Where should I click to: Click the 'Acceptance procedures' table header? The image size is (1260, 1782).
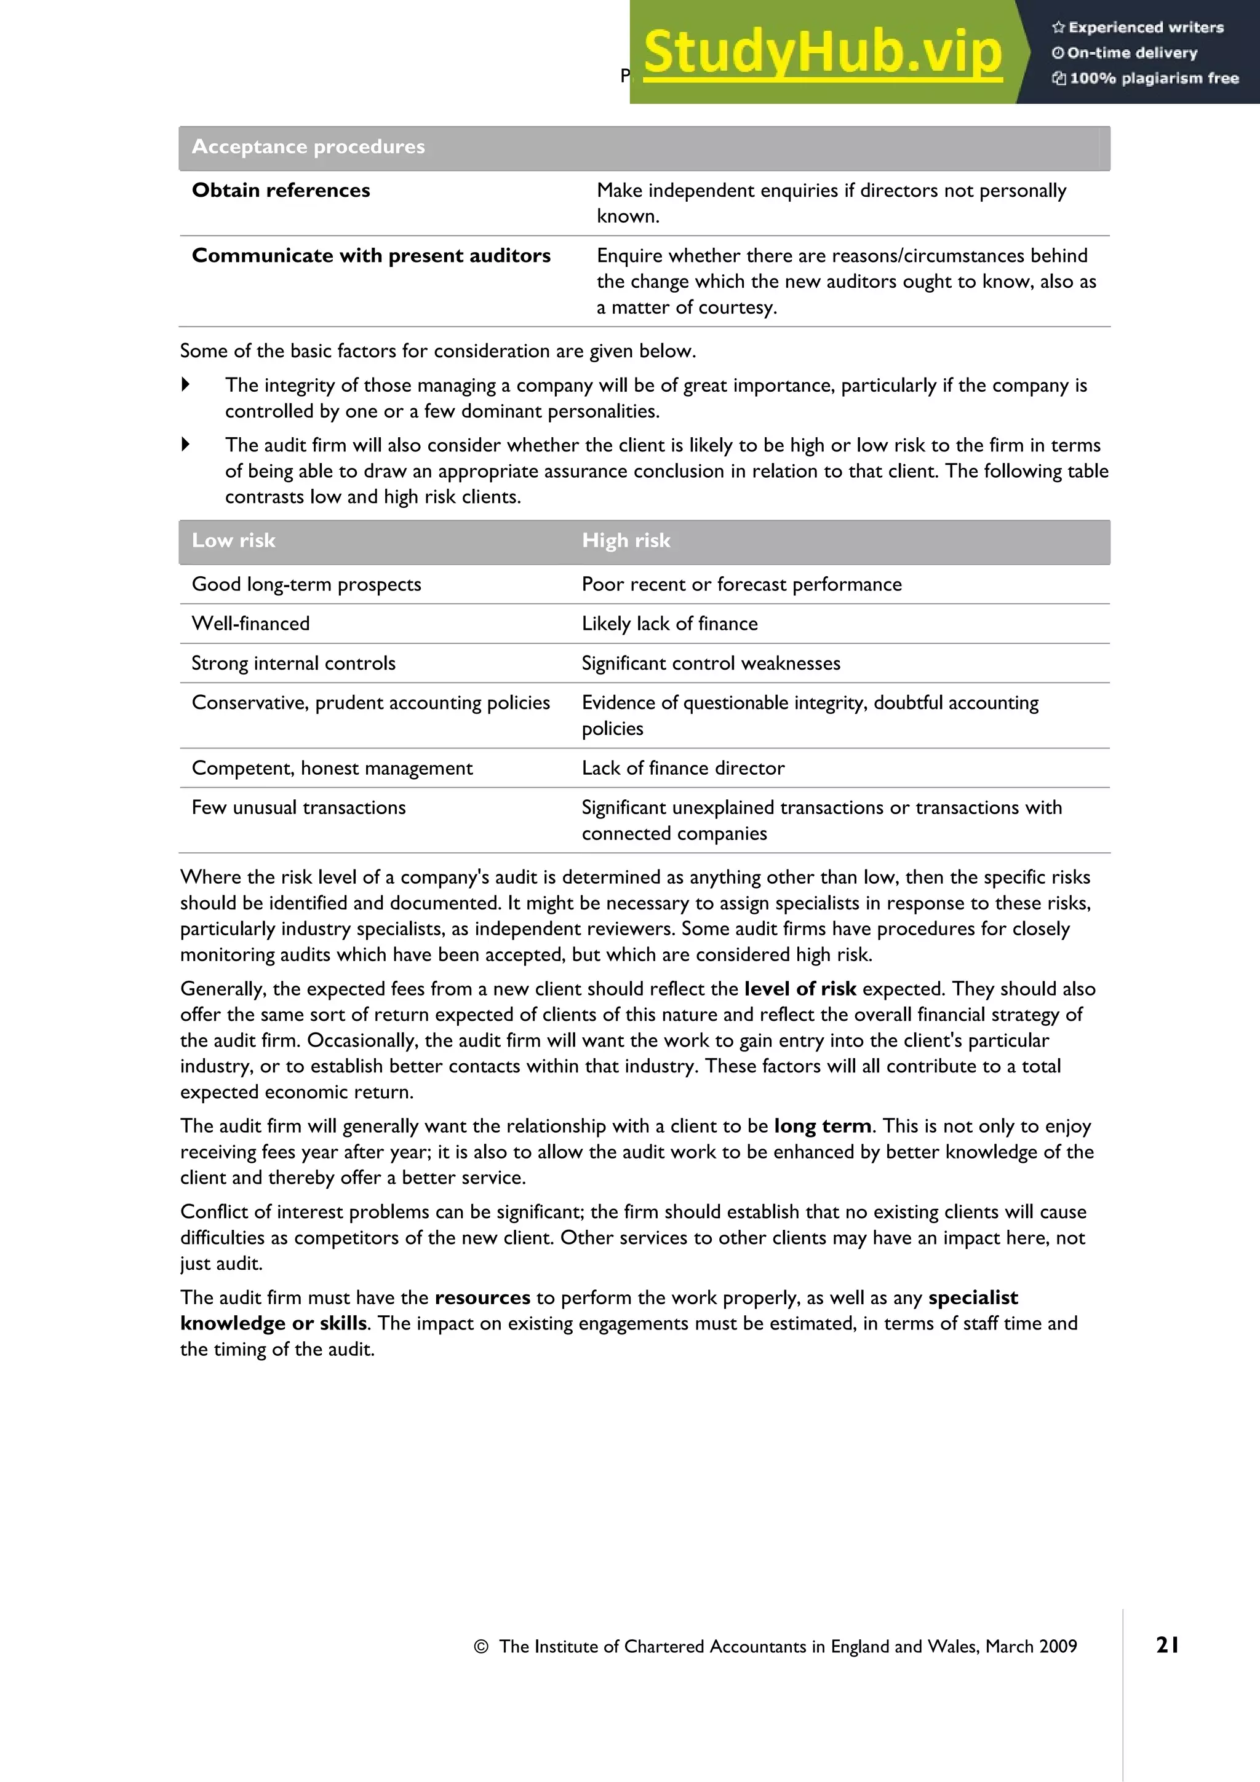tap(308, 147)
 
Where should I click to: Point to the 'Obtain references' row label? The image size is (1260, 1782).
tap(281, 190)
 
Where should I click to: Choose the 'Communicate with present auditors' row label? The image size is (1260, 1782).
tap(371, 255)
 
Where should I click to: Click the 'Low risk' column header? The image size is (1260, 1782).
tap(234, 540)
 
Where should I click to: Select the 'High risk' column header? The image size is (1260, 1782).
tap(626, 540)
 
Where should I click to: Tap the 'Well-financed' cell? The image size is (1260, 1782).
tap(251, 624)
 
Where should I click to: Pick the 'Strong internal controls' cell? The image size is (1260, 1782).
tap(293, 663)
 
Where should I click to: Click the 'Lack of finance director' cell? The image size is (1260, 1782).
tap(683, 767)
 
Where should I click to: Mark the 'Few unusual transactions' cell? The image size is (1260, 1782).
tap(299, 807)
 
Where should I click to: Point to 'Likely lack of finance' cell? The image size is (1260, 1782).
tap(669, 624)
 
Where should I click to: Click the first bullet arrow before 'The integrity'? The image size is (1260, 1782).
tap(186, 384)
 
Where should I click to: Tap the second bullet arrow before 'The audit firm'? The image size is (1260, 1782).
tap(186, 444)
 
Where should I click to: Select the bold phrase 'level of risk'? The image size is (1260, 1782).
tap(800, 989)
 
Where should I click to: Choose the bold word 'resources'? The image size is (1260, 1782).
tap(482, 1297)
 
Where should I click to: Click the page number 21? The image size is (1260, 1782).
tap(1167, 1645)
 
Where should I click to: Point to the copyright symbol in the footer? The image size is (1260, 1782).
tap(481, 1647)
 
